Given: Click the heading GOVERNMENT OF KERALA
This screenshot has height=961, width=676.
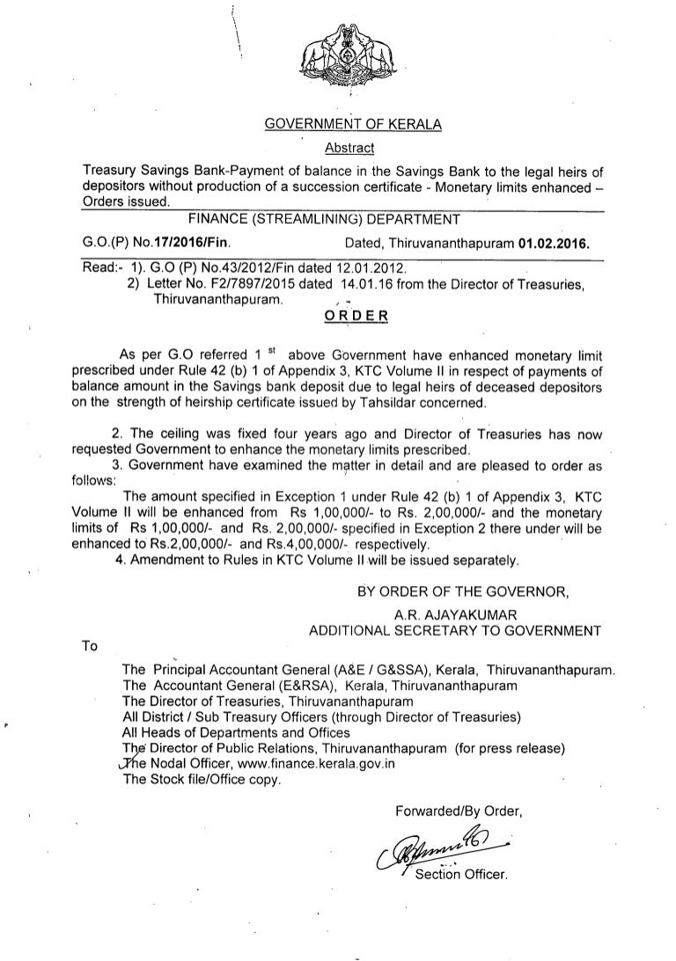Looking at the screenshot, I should click(x=353, y=125).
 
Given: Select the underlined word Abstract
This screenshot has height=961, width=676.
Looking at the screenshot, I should click(x=350, y=147).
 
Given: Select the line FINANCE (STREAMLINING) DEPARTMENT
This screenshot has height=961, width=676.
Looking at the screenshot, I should click(x=331, y=217).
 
